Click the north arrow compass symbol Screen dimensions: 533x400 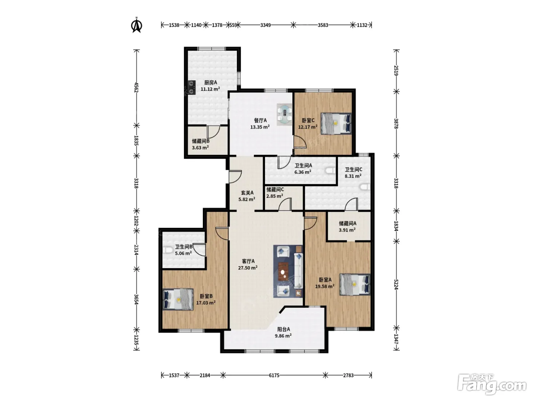(x=137, y=25)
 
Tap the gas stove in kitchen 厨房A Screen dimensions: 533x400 (x=192, y=87)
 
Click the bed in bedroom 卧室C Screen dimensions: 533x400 (x=336, y=123)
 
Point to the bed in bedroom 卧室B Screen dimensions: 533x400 (x=178, y=299)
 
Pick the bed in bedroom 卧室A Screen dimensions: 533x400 (x=355, y=285)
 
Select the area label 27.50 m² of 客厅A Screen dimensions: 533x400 (x=248, y=268)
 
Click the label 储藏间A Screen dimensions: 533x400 (x=348, y=223)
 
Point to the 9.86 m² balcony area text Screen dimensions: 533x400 (x=283, y=336)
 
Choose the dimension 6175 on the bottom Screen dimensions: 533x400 (x=274, y=376)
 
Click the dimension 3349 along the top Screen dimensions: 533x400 (x=265, y=25)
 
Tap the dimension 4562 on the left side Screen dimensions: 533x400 (x=136, y=88)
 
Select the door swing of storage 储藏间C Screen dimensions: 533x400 (x=285, y=204)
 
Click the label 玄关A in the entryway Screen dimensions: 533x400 (x=247, y=193)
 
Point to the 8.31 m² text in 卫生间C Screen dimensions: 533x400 (x=353, y=176)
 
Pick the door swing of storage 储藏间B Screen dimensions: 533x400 (x=214, y=132)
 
